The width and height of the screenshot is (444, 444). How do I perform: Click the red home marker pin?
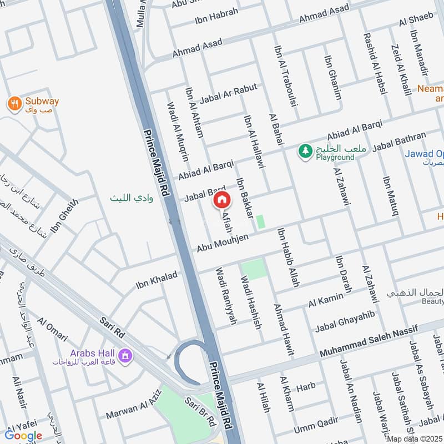[x=221, y=200]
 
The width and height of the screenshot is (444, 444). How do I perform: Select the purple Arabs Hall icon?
[x=125, y=354]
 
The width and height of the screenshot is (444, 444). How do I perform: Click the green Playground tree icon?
[x=305, y=151]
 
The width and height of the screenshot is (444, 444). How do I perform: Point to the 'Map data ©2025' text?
[x=415, y=438]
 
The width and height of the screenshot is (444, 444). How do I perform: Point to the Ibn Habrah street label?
[x=216, y=17]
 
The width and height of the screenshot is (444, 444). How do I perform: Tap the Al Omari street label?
[x=52, y=330]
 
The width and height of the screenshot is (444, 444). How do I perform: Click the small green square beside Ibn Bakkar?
[x=260, y=221]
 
